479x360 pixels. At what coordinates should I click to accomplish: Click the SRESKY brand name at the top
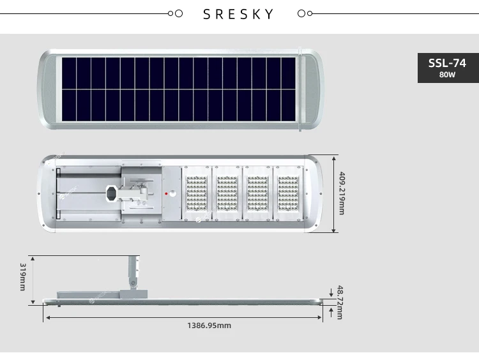238,14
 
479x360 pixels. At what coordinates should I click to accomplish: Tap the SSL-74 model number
447,63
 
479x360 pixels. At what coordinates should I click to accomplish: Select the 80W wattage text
447,75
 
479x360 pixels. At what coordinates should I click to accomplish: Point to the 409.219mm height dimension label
342,193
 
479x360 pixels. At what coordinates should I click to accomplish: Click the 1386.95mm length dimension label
209,326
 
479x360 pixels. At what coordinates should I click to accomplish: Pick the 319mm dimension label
22,276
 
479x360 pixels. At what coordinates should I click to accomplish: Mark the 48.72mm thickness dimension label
339,303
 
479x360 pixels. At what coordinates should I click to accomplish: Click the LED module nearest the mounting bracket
196,193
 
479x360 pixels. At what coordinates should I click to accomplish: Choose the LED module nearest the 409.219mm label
288,193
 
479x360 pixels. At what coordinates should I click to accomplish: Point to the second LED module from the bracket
227,193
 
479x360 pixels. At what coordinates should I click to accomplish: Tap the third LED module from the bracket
257,193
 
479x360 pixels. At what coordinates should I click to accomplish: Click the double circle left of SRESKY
174,13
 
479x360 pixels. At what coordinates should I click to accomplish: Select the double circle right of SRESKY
305,13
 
